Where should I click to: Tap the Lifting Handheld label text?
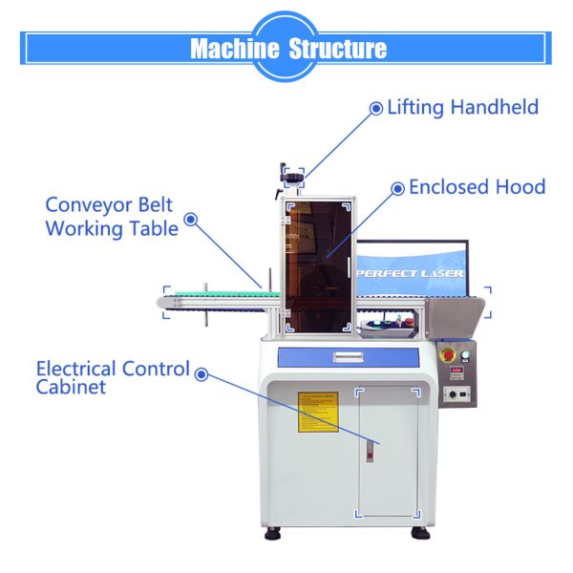coord(462,107)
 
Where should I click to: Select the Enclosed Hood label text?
coord(477,187)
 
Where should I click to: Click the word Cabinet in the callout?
coord(71,387)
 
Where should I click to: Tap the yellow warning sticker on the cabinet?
coord(318,411)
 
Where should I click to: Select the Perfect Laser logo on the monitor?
coord(411,273)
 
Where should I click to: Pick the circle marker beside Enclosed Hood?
coord(397,188)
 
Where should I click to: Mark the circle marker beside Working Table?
coord(190,219)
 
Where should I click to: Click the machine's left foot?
coord(273,531)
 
